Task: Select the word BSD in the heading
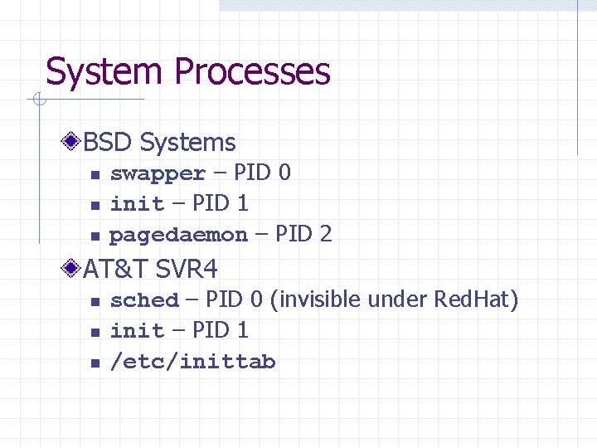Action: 108,143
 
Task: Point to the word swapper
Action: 158,174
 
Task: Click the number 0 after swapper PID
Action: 284,173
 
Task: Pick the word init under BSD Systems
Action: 137,203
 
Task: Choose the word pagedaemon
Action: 178,236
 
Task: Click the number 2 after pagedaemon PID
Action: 326,234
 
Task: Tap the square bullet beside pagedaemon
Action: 95,236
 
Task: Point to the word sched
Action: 144,300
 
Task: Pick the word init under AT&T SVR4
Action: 137,331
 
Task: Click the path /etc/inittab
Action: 192,363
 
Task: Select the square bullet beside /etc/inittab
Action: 95,363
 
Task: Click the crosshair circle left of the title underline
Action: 37,100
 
